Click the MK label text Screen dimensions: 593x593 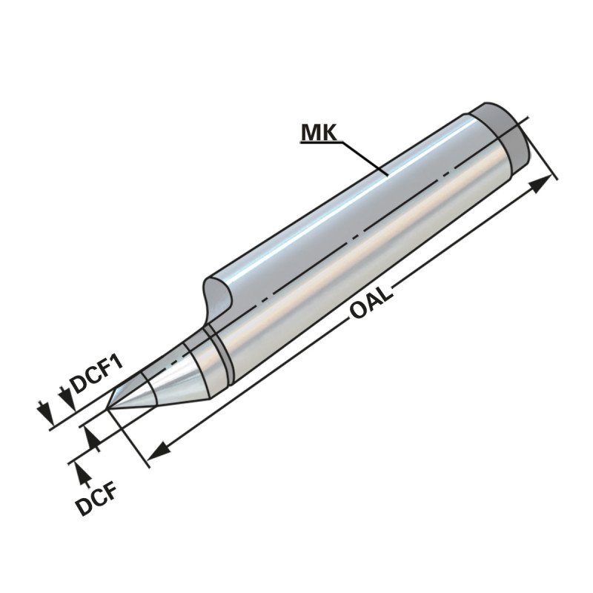pos(319,133)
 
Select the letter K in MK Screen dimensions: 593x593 pos(328,133)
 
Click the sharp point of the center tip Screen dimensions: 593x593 pos(109,407)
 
